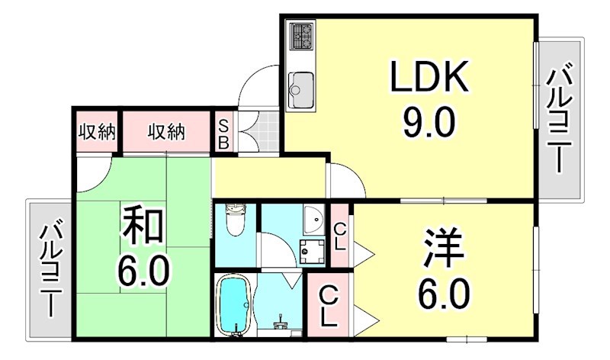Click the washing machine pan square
pyautogui.click(x=311, y=249)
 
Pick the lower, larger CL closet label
pyautogui.click(x=329, y=304)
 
